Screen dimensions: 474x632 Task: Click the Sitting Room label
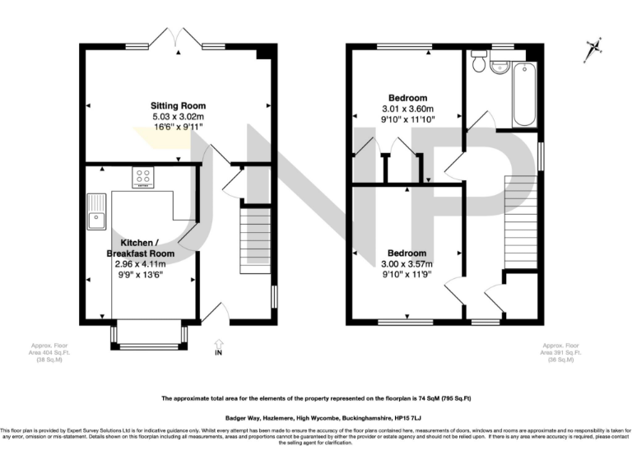pyautogui.click(x=178, y=106)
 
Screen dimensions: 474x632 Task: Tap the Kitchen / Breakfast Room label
pyautogui.click(x=148, y=248)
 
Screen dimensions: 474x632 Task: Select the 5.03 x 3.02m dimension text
pyautogui.click(x=178, y=118)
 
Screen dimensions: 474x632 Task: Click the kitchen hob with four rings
pyautogui.click(x=142, y=176)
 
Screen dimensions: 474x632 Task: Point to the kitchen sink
pyautogui.click(x=97, y=210)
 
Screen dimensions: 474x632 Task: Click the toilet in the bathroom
pyautogui.click(x=478, y=61)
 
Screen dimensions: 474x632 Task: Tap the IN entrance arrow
pyautogui.click(x=217, y=346)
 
